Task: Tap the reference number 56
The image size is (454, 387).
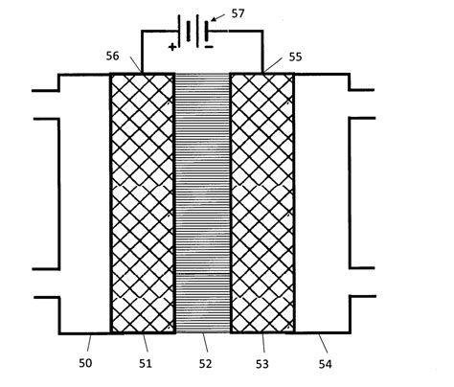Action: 113,57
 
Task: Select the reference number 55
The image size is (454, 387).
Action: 295,57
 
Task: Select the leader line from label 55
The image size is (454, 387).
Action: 277,66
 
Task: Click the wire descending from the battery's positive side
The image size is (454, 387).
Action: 143,53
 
